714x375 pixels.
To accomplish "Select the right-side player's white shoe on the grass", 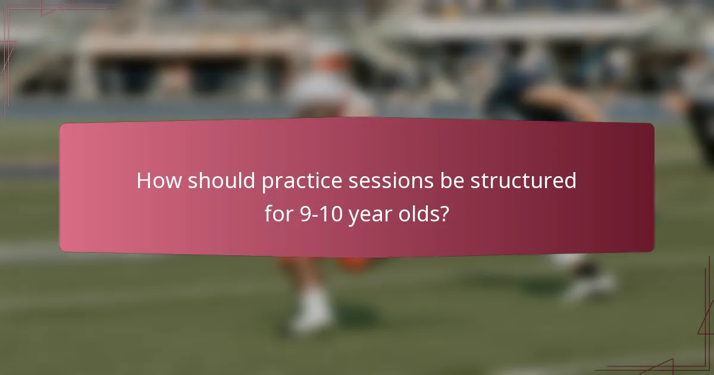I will point(589,286).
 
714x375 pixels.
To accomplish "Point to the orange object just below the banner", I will point(357,264).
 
